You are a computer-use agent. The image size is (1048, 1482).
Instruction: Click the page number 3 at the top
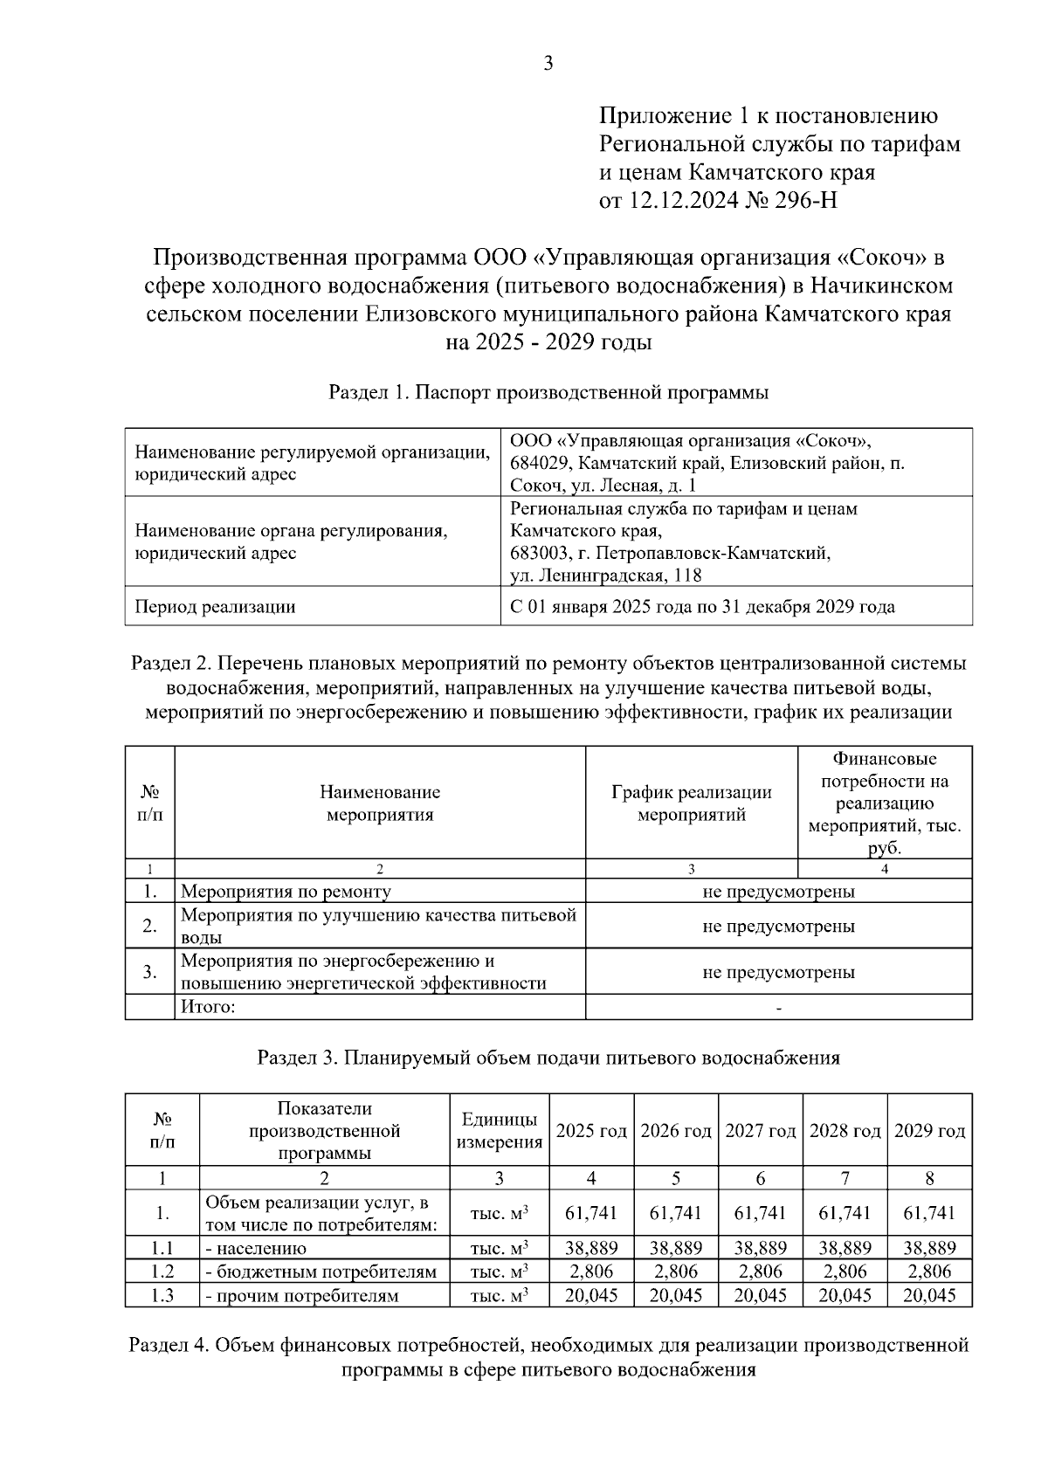coord(548,63)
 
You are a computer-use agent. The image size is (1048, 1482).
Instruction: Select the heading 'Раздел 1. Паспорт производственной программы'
coord(548,393)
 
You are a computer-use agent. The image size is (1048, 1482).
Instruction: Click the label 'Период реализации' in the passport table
coord(215,607)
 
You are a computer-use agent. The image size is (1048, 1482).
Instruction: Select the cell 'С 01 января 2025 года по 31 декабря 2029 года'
coord(702,607)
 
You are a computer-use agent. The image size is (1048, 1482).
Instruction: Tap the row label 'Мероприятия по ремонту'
coord(286,892)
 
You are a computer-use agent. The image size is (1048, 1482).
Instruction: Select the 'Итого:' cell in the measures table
coord(209,1008)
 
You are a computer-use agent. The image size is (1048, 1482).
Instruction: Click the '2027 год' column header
coord(760,1132)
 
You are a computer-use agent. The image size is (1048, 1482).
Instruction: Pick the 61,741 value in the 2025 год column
coord(591,1214)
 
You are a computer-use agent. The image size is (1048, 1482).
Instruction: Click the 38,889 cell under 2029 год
coord(929,1249)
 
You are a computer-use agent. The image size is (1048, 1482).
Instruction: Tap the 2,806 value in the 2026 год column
coord(676,1272)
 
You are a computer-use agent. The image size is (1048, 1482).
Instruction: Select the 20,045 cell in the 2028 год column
coord(845,1296)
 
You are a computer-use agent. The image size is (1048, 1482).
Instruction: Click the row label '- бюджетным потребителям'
coord(321,1272)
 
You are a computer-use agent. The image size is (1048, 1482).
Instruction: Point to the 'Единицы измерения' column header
coord(500,1132)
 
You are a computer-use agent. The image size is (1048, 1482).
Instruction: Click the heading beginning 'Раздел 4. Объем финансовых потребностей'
coord(548,1358)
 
